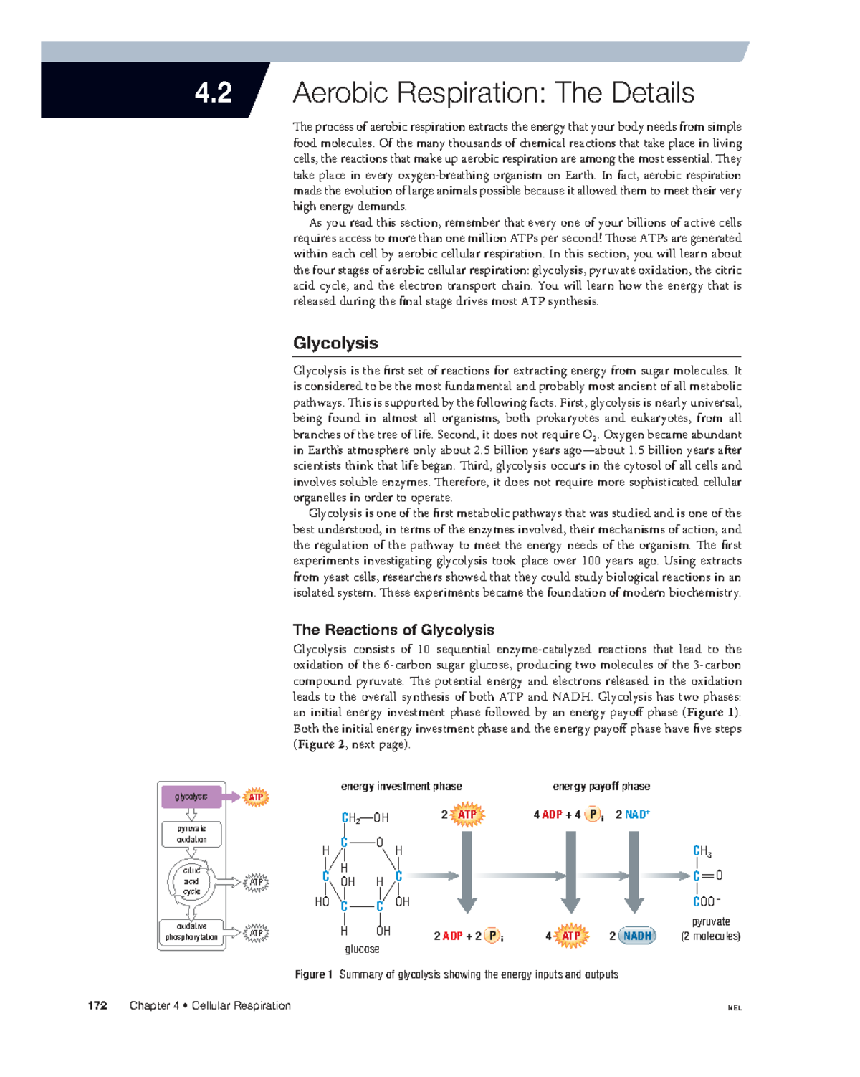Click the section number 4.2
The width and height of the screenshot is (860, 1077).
coord(213,92)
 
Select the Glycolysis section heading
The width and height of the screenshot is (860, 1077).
coord(335,343)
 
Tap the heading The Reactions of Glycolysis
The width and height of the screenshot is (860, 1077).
coord(393,630)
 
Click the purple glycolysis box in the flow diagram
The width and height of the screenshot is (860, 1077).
coord(191,797)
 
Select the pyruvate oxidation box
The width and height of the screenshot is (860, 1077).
coord(191,834)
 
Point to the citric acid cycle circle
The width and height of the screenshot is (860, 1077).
coord(191,881)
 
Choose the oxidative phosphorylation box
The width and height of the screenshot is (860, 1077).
coord(191,931)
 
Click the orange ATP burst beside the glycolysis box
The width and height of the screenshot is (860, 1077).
coord(256,797)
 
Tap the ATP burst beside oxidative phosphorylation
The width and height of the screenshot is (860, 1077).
coord(256,933)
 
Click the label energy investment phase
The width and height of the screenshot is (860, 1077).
coord(401,787)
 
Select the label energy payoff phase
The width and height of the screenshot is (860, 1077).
coord(601,787)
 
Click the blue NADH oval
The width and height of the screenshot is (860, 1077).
coord(637,936)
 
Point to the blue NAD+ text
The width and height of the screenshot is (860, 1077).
coord(637,815)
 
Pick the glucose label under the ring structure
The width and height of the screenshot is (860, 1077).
coord(362,949)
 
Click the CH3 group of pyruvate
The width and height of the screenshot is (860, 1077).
coord(702,852)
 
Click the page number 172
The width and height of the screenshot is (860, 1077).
coord(97,1005)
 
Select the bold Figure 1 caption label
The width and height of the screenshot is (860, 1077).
coord(314,974)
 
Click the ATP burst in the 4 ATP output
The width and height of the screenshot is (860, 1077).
coord(570,936)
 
